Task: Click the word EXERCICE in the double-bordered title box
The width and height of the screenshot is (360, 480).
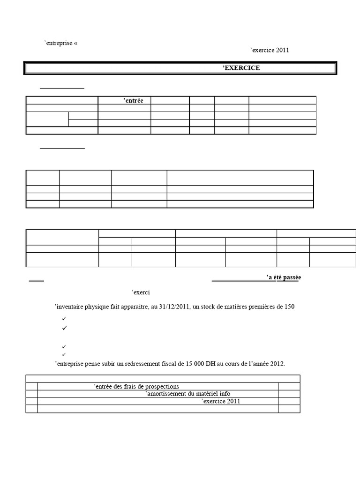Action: (x=242, y=68)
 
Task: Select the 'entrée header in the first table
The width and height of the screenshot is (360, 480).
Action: (x=134, y=100)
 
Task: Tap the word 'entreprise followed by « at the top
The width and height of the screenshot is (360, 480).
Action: (x=59, y=43)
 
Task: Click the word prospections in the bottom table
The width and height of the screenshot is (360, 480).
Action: (x=162, y=387)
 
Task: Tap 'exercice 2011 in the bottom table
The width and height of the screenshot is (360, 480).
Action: (x=221, y=402)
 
